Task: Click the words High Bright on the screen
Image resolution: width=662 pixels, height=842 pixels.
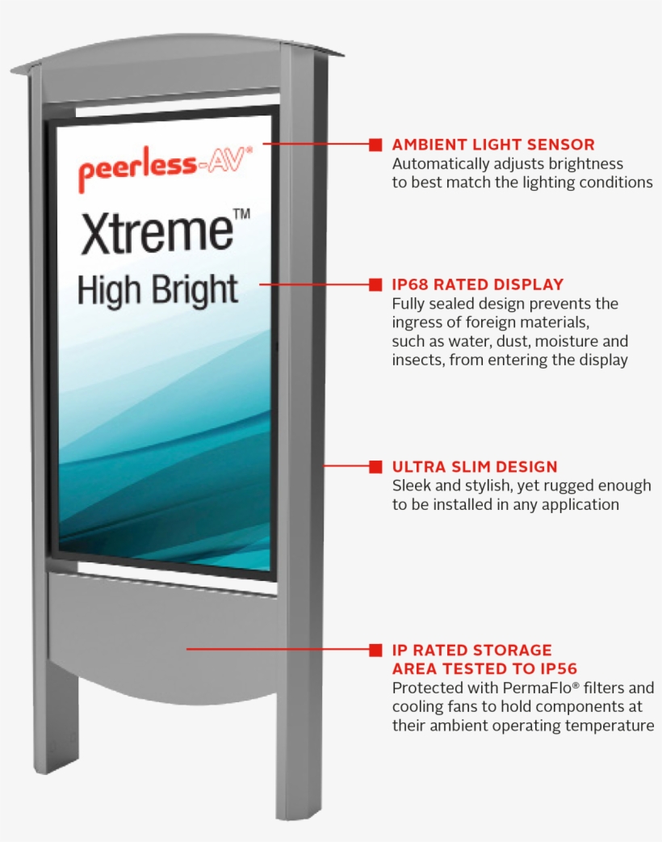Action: click(157, 288)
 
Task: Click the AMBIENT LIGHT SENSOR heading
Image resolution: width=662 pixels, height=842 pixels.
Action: click(493, 145)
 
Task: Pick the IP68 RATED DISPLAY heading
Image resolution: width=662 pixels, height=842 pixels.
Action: click(477, 284)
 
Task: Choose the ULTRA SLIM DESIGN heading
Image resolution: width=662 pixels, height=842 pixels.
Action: click(475, 467)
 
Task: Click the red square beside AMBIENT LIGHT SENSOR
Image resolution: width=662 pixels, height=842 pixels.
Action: click(375, 145)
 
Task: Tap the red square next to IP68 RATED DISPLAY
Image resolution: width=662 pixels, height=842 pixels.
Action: click(375, 284)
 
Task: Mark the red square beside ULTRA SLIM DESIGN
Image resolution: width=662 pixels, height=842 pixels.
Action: click(375, 467)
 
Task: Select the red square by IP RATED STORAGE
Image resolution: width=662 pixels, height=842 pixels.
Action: click(375, 650)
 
